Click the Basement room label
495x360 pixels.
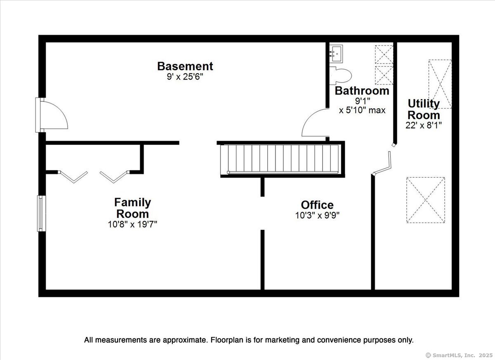coord(185,66)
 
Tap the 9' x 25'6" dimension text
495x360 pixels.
coord(185,77)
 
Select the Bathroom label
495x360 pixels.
coord(362,91)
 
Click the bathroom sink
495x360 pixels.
coord(336,54)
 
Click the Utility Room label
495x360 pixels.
coord(424,109)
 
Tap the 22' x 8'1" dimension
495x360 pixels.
coord(424,125)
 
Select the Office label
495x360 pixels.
coord(317,205)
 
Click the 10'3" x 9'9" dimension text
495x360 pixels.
coord(317,215)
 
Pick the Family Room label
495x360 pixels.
coord(132,208)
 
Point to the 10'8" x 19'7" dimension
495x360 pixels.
coord(132,224)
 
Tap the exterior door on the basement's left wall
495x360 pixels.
coord(52,115)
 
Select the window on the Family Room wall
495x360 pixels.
coord(41,213)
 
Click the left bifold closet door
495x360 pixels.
coord(73,176)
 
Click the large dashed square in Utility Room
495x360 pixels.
coord(426,200)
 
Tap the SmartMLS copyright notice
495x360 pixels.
coord(460,355)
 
